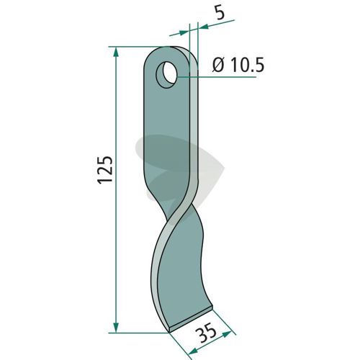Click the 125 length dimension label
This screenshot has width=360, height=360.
105,170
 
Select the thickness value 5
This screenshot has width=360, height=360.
220,14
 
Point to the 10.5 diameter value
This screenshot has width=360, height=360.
246,65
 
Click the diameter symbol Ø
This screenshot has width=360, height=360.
218,66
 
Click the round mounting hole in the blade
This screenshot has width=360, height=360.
166,74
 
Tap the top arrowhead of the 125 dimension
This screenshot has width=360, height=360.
116,52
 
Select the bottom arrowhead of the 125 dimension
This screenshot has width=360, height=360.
116,328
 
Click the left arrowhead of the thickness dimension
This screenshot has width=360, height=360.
184,32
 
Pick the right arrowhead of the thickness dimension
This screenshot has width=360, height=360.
204,27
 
